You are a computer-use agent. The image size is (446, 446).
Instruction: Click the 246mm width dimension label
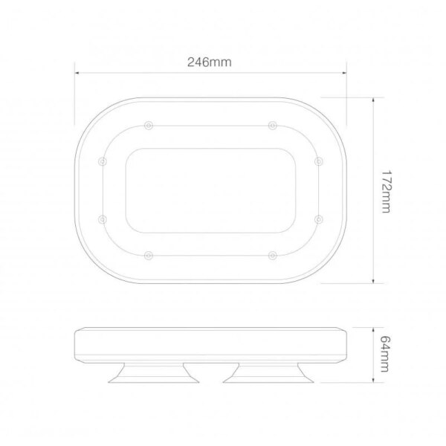click(x=210, y=62)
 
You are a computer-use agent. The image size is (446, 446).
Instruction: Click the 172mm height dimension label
click(x=386, y=192)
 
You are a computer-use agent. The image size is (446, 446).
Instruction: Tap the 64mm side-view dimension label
click(x=385, y=354)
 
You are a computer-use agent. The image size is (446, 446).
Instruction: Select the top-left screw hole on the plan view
click(x=149, y=126)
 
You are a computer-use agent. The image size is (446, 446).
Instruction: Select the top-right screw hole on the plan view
click(x=273, y=126)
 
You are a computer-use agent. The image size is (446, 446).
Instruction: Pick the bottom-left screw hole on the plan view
click(x=149, y=256)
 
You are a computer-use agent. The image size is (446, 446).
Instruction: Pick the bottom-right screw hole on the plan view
click(x=273, y=256)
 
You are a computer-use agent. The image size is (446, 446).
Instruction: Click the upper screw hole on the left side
click(x=103, y=161)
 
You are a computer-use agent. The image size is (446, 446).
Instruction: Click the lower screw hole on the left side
click(x=103, y=219)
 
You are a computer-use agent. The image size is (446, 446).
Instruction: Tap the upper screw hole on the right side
click(x=319, y=161)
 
